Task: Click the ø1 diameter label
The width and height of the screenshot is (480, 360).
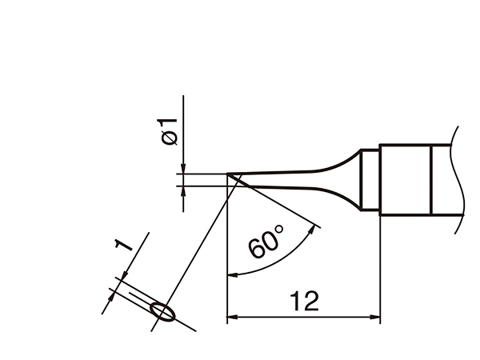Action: click(167, 131)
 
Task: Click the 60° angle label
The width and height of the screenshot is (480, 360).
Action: click(266, 242)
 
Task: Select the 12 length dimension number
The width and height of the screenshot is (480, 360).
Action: click(304, 302)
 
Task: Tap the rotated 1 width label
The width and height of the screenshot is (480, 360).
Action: click(123, 245)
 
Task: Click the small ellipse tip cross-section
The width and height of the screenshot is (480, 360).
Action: click(163, 312)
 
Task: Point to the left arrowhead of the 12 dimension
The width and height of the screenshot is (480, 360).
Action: click(232, 317)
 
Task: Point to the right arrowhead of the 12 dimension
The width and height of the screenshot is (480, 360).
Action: click(375, 317)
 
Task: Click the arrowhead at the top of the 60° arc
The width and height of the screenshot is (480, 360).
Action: click(312, 229)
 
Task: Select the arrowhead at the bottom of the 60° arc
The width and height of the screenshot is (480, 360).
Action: click(233, 274)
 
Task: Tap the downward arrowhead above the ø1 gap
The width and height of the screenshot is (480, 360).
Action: click(183, 169)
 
